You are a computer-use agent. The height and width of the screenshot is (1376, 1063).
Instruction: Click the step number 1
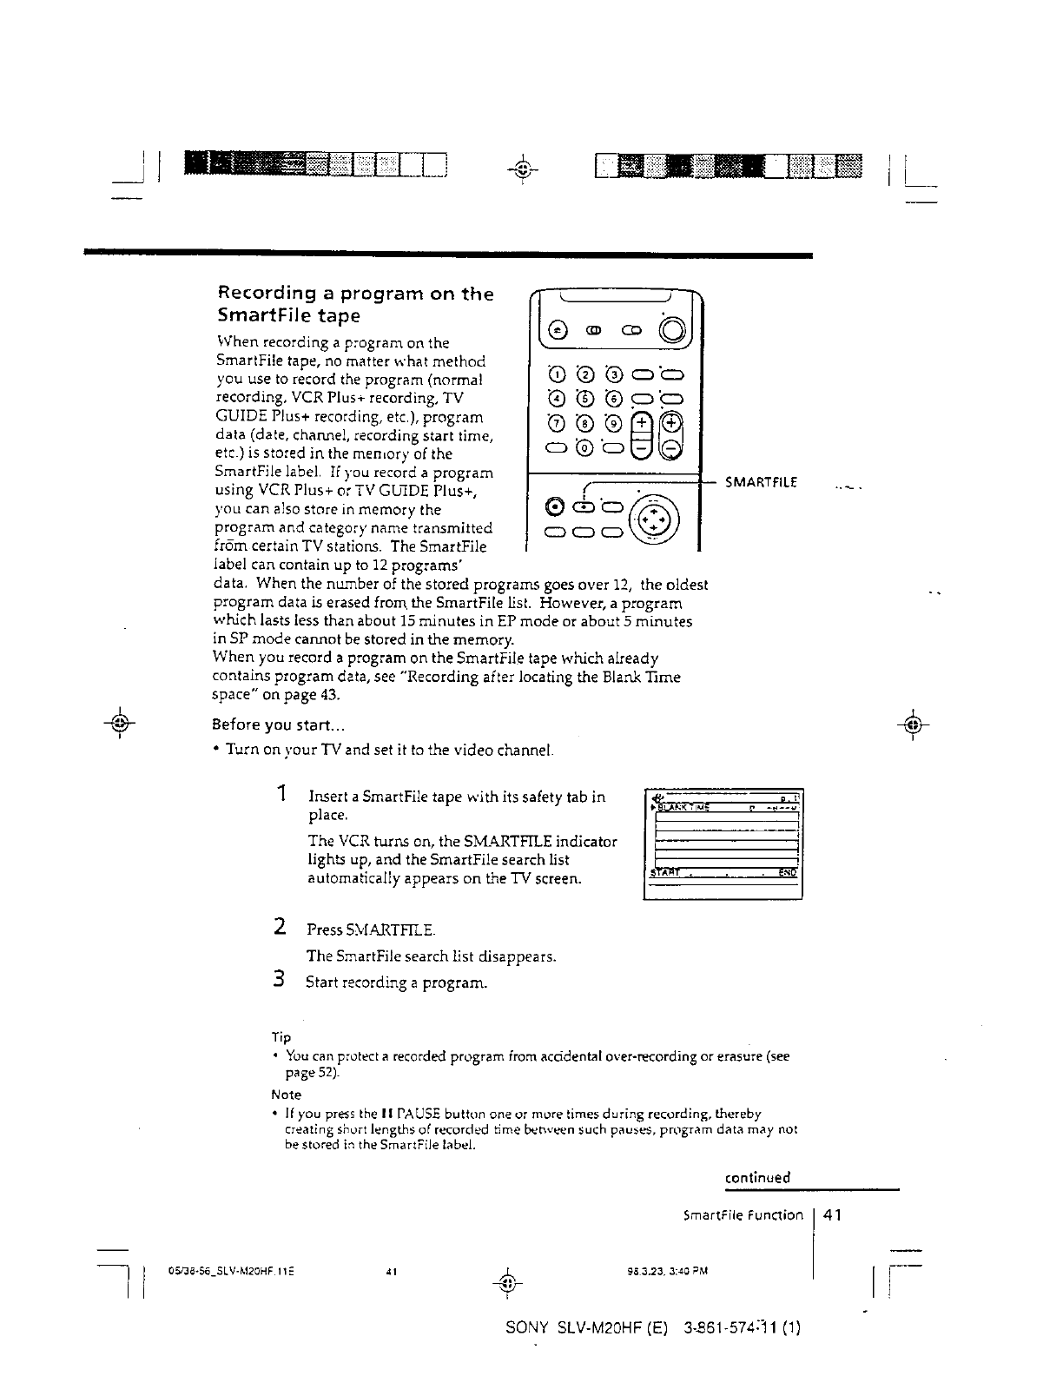click(x=281, y=793)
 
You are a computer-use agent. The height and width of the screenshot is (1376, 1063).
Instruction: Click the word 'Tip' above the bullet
click(x=281, y=1037)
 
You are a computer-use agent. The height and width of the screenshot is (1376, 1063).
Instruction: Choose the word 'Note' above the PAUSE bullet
click(x=286, y=1095)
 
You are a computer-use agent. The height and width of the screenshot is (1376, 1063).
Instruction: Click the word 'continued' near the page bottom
click(x=757, y=1178)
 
